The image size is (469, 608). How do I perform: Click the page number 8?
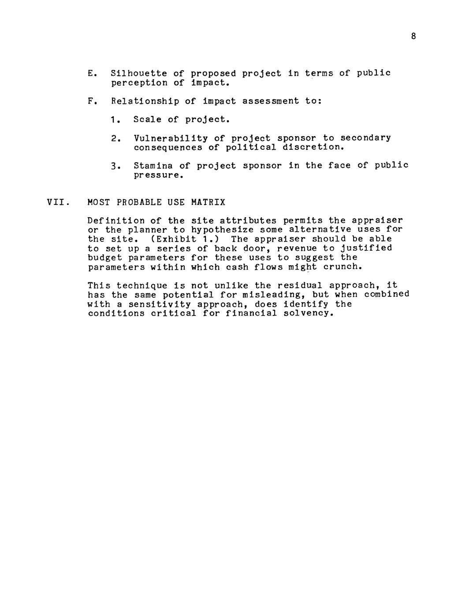pyautogui.click(x=413, y=37)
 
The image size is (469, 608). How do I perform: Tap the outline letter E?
pyautogui.click(x=90, y=73)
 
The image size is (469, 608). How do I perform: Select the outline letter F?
pyautogui.click(x=90, y=101)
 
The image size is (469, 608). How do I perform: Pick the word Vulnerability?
pyautogui.click(x=171, y=138)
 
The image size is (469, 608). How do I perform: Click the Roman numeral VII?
pyautogui.click(x=56, y=203)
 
